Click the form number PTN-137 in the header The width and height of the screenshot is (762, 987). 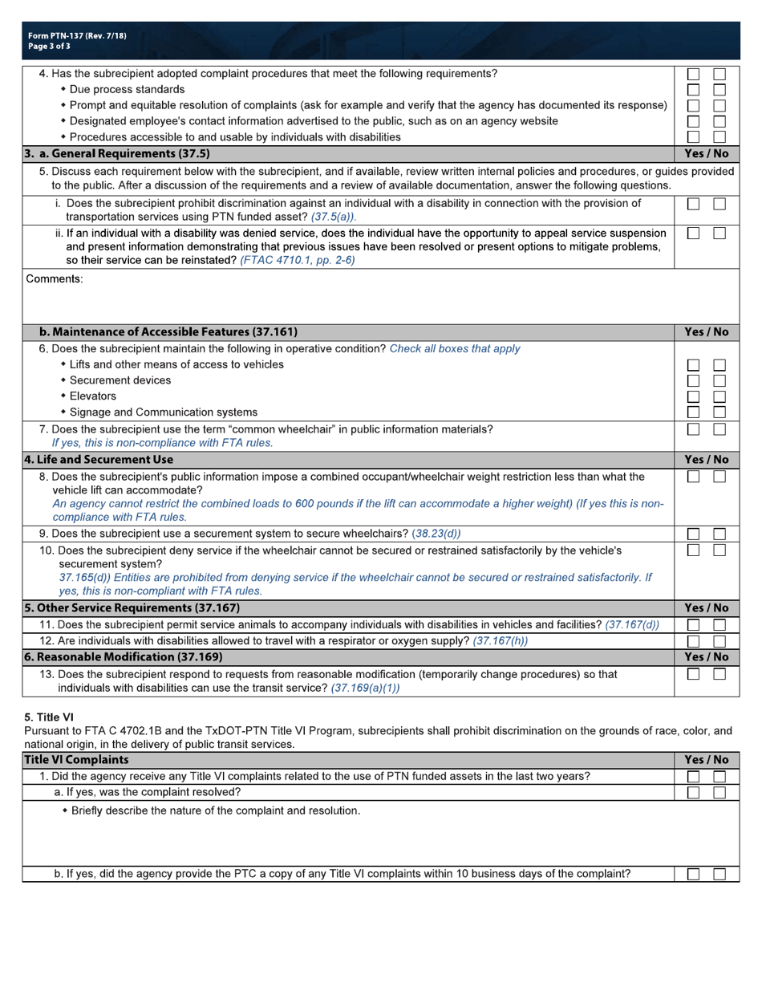point(77,36)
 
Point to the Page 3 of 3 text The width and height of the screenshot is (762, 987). point(49,46)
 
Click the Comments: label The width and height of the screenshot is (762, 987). point(54,279)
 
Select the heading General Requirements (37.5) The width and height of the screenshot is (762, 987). point(117,153)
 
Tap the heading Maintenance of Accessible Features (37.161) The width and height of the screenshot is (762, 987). point(168,331)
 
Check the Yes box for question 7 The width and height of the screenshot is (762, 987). point(694,430)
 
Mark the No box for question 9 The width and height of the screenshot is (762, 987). point(719,534)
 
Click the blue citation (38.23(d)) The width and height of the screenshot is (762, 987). point(436,534)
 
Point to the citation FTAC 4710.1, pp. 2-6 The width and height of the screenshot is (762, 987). point(297,260)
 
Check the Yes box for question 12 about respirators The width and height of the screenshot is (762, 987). point(694,641)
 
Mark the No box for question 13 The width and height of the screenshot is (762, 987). point(719,675)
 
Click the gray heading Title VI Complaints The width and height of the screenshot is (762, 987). point(77,759)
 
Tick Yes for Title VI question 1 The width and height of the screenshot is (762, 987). point(694,776)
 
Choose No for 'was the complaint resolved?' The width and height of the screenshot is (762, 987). point(719,793)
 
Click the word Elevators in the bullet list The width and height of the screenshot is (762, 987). point(93,396)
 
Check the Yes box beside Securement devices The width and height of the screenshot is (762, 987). point(694,381)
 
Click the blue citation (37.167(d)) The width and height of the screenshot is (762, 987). point(632,624)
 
